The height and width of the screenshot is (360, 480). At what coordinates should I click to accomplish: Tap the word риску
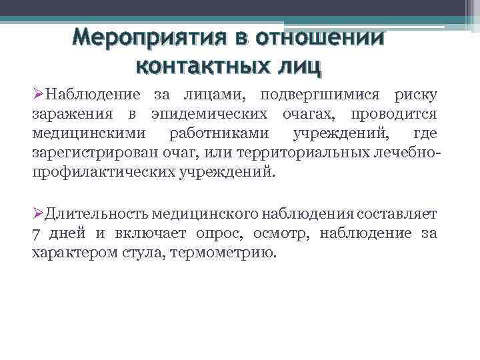(x=416, y=96)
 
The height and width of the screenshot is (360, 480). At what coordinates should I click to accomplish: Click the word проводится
(x=397, y=115)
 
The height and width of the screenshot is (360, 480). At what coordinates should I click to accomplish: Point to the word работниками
(x=217, y=135)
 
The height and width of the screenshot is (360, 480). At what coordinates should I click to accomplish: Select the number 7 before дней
(x=36, y=234)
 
